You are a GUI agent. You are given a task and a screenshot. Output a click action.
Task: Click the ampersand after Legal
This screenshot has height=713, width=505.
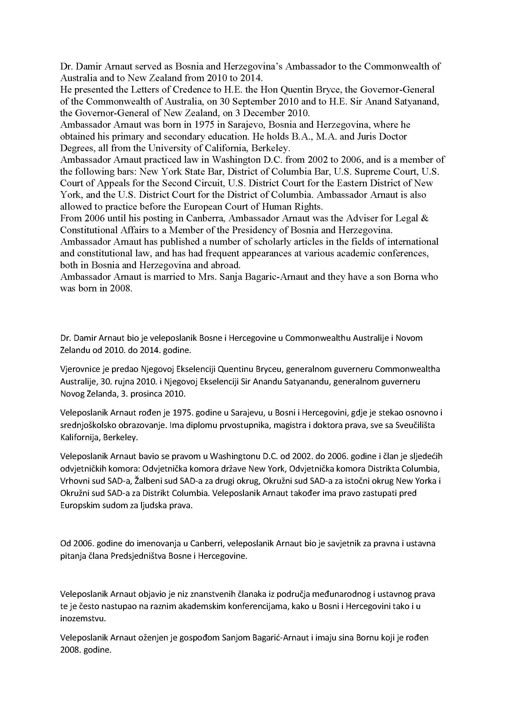coord(425,218)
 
